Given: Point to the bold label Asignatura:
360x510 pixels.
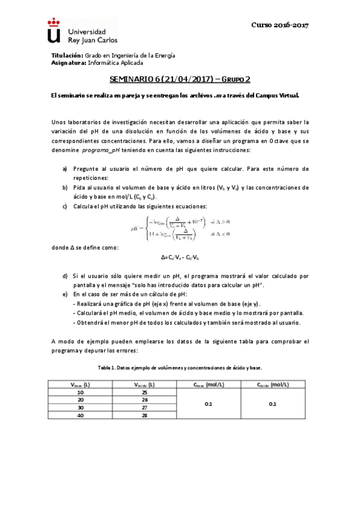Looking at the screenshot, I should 69,63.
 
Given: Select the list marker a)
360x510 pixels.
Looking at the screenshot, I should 65,169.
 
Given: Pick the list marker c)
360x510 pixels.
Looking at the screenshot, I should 65,206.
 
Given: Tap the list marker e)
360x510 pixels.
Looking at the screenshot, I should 65,294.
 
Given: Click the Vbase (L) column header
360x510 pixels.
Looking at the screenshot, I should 78,385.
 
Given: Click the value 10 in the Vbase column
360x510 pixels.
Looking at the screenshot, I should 78,392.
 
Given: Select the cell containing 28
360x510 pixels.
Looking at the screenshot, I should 144,416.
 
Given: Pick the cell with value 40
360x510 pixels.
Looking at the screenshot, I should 78,416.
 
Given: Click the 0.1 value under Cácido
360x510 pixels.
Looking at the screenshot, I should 272,404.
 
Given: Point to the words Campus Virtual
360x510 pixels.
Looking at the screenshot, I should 276,95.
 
